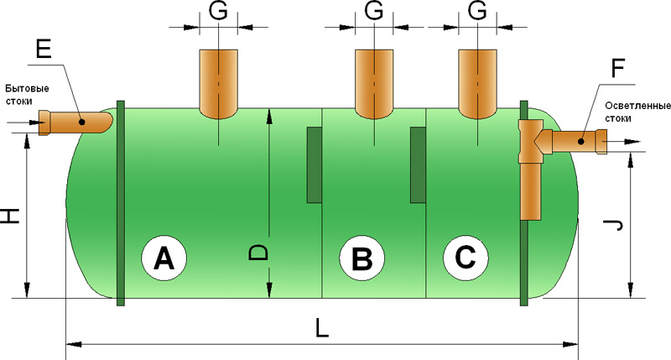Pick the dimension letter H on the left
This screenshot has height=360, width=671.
tap(10, 216)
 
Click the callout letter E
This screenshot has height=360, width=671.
tap(44, 49)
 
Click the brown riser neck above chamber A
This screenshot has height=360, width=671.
tap(218, 82)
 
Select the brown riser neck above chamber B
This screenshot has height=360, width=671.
tap(374, 82)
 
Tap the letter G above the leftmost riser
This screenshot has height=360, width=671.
tap(217, 13)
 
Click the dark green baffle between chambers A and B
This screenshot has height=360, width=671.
tap(315, 164)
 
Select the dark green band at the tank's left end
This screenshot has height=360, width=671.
tap(120, 201)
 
